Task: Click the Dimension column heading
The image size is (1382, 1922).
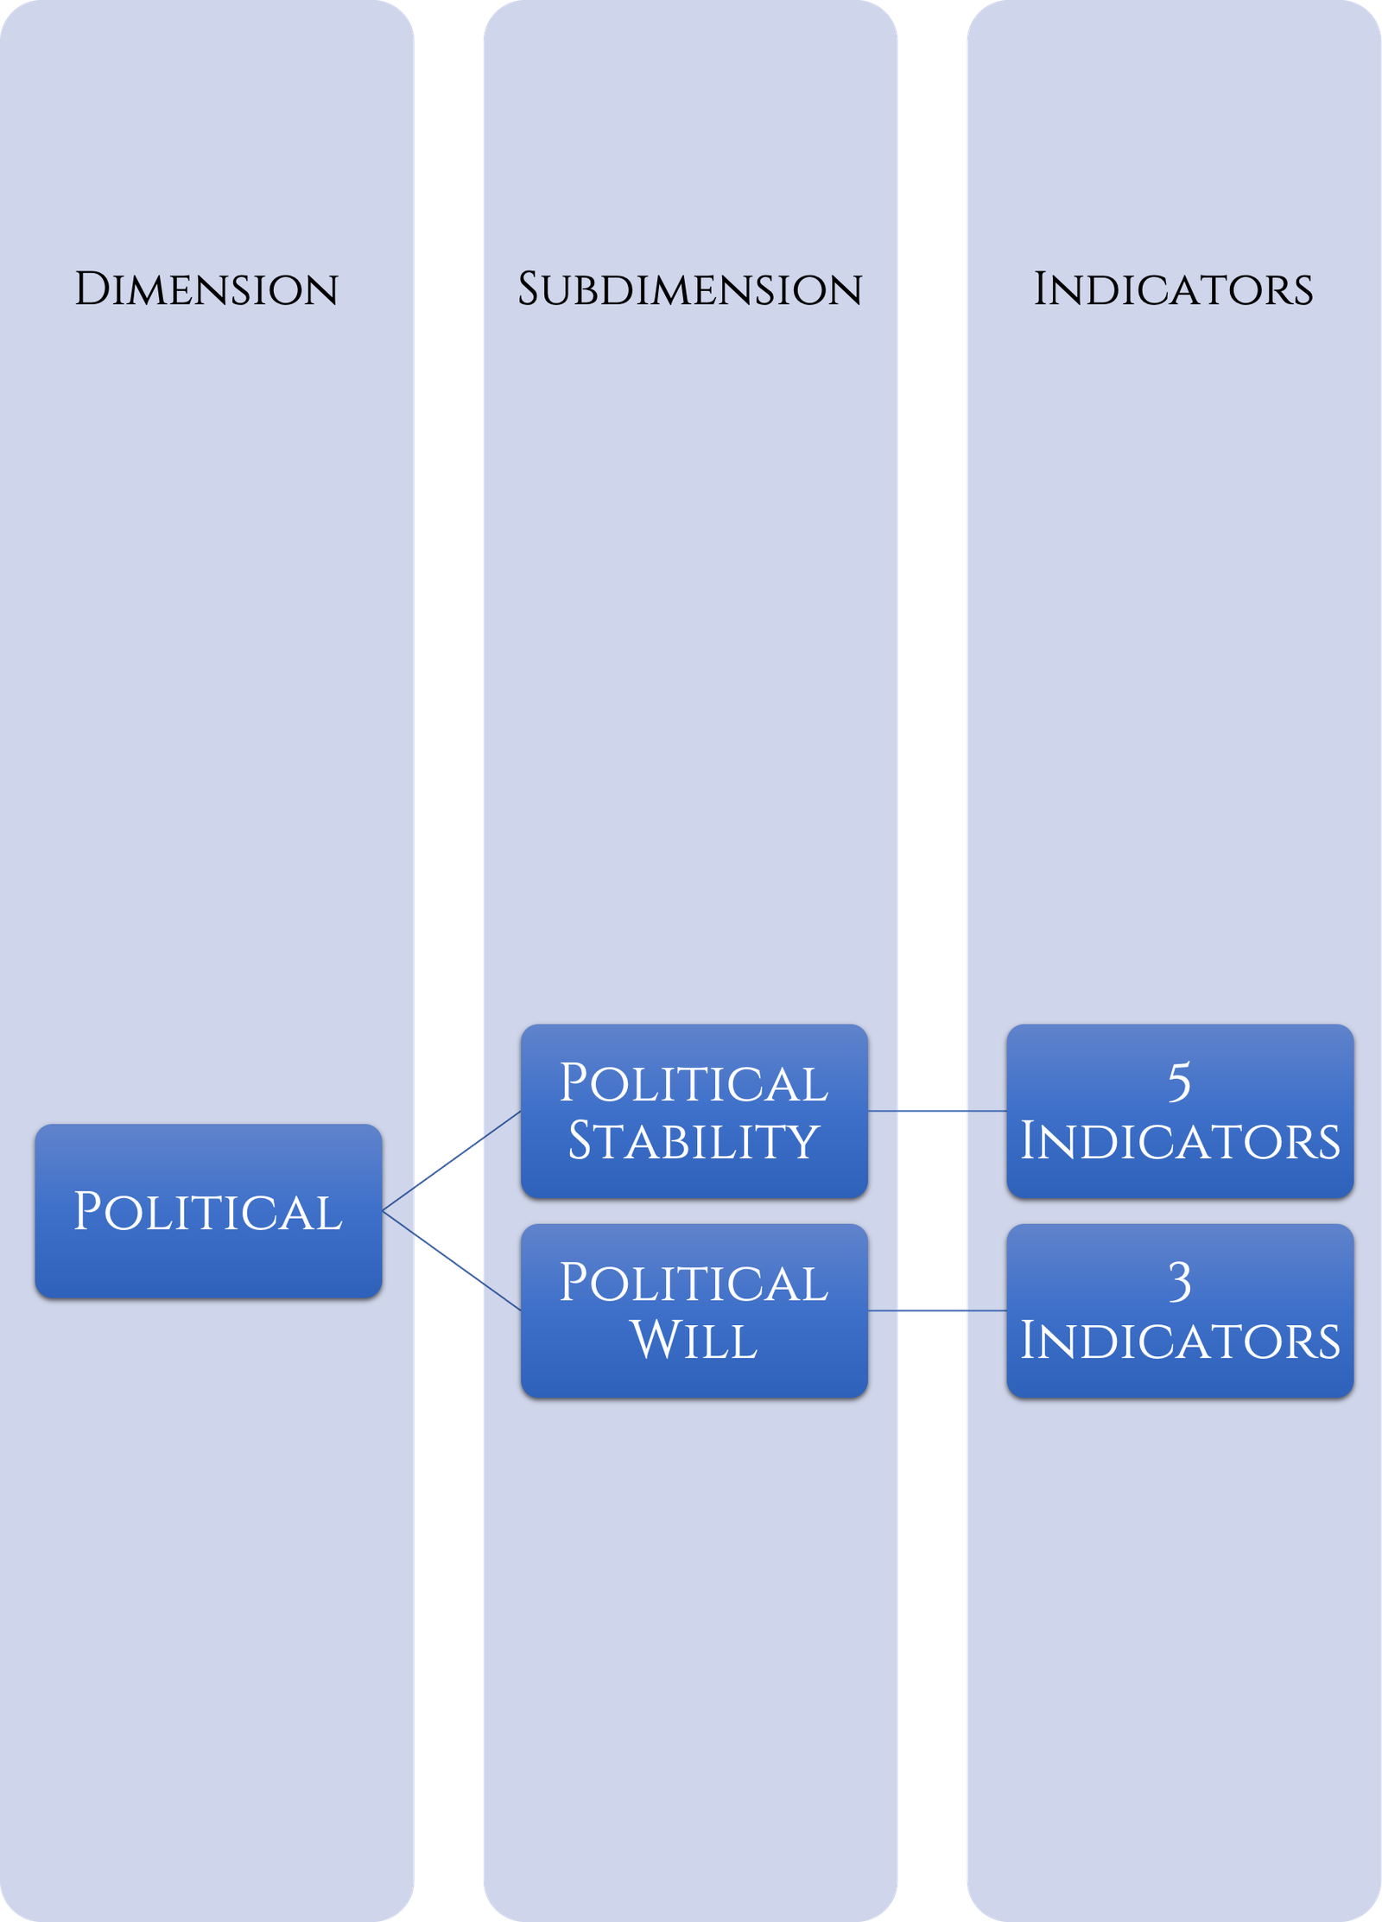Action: (206, 289)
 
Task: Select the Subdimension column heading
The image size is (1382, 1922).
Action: (689, 289)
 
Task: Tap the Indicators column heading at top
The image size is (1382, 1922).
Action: (1173, 289)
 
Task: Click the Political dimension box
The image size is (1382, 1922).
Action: (208, 1211)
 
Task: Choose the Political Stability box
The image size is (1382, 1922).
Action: (694, 1111)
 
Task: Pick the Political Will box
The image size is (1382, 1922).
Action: (694, 1310)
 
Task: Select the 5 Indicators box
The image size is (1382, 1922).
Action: (1180, 1111)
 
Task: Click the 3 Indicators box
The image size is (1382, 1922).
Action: (1180, 1310)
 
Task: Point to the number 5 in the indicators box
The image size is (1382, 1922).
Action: (1179, 1082)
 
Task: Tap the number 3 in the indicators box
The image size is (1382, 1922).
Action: (1179, 1282)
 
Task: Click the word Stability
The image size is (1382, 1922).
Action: (694, 1140)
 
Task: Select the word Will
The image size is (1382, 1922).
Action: (694, 1340)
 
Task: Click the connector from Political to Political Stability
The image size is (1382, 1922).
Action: (452, 1161)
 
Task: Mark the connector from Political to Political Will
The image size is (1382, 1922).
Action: (452, 1261)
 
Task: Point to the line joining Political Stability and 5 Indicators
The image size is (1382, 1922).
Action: (937, 1111)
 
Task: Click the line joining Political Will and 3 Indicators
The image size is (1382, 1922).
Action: (937, 1310)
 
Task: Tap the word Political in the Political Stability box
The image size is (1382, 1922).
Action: (694, 1082)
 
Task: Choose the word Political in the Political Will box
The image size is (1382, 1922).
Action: (694, 1282)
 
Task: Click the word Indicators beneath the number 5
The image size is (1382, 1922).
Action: (1180, 1141)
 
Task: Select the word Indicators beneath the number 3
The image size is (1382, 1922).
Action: (1180, 1341)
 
